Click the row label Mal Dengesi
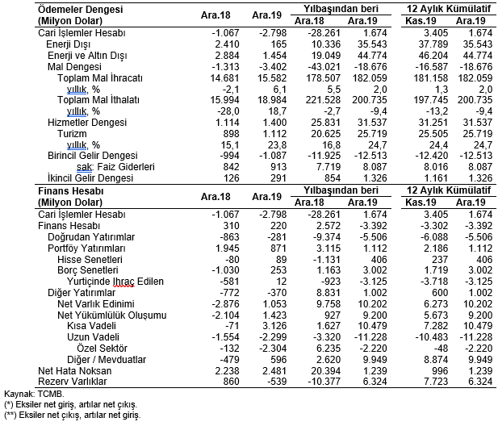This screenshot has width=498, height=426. coord(74,67)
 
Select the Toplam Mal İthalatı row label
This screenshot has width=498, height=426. coord(98,100)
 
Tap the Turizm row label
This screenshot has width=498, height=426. coord(72,134)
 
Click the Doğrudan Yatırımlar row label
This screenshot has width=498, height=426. coord(91,237)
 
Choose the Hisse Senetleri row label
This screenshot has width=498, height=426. coord(90,260)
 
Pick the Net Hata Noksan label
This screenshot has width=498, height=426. coord(74,371)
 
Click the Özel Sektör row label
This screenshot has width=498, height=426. coord(102,349)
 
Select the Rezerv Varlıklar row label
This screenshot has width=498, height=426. coord(73,382)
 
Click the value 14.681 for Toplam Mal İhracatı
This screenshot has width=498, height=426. coord(224,78)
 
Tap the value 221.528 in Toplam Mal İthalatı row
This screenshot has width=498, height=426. coord(323,100)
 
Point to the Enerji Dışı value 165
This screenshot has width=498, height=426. coord(278,44)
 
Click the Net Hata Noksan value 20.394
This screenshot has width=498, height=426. coord(325,371)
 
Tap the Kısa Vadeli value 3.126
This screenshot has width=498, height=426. coord(275,326)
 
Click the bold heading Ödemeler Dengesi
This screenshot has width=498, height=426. coord(81,10)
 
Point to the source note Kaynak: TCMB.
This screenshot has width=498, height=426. coord(34,395)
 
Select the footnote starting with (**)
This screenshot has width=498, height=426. coord(72,415)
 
